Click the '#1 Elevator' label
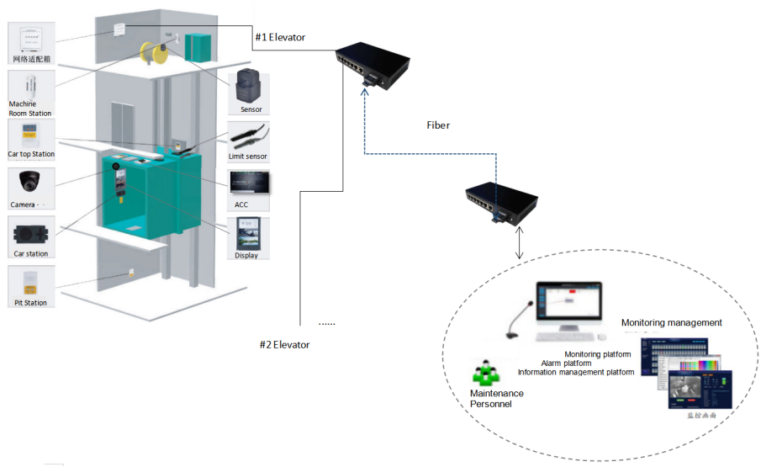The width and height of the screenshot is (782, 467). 280,37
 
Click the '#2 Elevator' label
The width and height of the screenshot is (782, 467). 284,345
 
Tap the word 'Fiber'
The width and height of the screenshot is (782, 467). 438,125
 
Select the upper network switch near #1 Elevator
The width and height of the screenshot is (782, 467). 372,62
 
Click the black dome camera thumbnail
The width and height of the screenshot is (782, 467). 31,182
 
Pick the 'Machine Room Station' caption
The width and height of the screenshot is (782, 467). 29,109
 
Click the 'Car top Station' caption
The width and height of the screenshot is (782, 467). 31,154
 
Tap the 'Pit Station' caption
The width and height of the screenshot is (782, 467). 29,302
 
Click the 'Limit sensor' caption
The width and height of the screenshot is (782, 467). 248,157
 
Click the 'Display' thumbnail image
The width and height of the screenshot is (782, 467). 248,232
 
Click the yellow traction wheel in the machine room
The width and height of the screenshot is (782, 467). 154,55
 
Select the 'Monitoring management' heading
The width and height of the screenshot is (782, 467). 671,322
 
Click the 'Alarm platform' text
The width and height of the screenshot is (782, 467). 571,364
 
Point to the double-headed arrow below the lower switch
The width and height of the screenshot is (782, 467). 520,243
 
